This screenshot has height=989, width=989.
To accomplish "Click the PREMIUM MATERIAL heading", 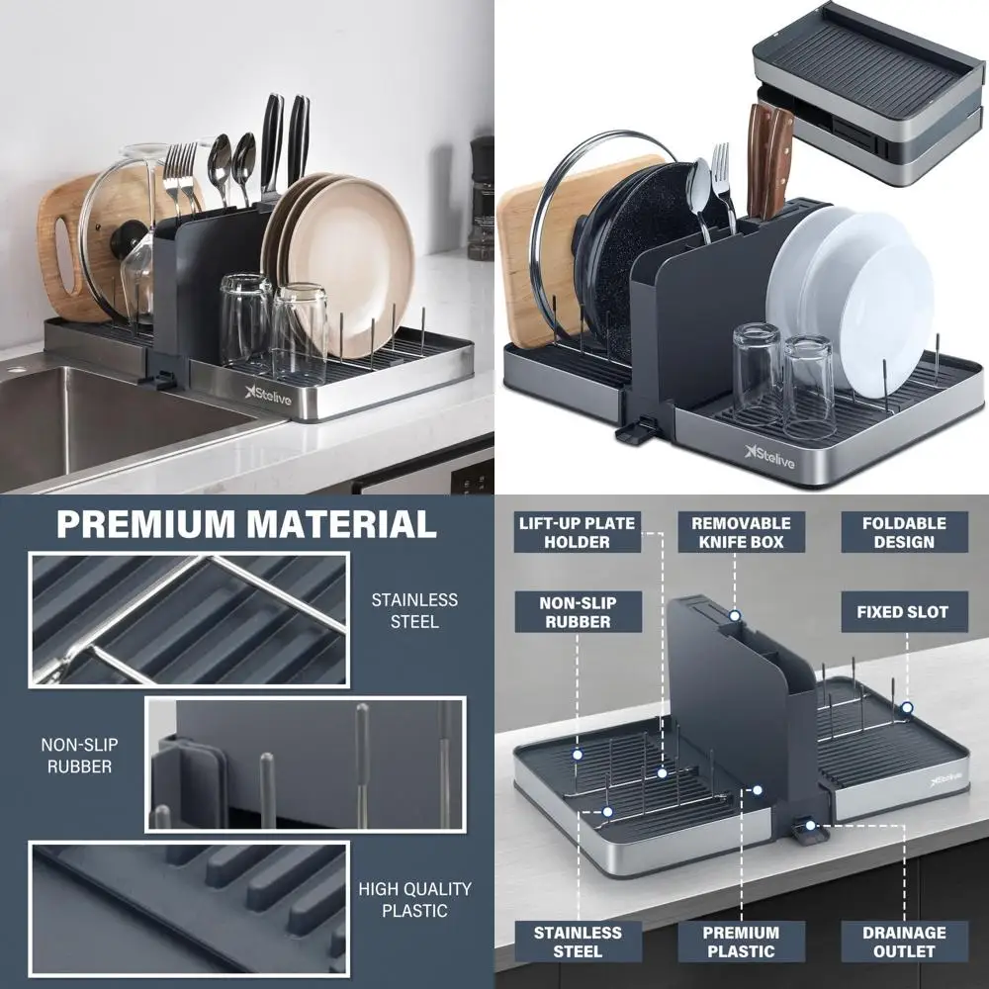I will point(246,523).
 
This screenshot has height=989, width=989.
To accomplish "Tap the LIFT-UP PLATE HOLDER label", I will point(578,532).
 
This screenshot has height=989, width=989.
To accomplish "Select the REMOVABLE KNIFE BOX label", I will point(740,532).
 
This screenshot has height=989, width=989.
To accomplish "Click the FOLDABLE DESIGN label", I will point(903,532).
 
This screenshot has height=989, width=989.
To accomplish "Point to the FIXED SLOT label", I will point(902,612).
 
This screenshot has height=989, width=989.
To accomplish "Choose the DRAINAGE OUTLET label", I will point(903,942).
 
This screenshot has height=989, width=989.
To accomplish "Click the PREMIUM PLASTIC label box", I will point(740,942).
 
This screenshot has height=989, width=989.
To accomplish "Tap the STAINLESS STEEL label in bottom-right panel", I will point(578,942).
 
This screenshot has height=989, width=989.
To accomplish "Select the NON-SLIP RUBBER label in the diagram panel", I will point(577,612).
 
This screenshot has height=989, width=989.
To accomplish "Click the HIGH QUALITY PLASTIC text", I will point(414,899).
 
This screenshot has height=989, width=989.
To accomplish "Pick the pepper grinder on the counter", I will point(482,198).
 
